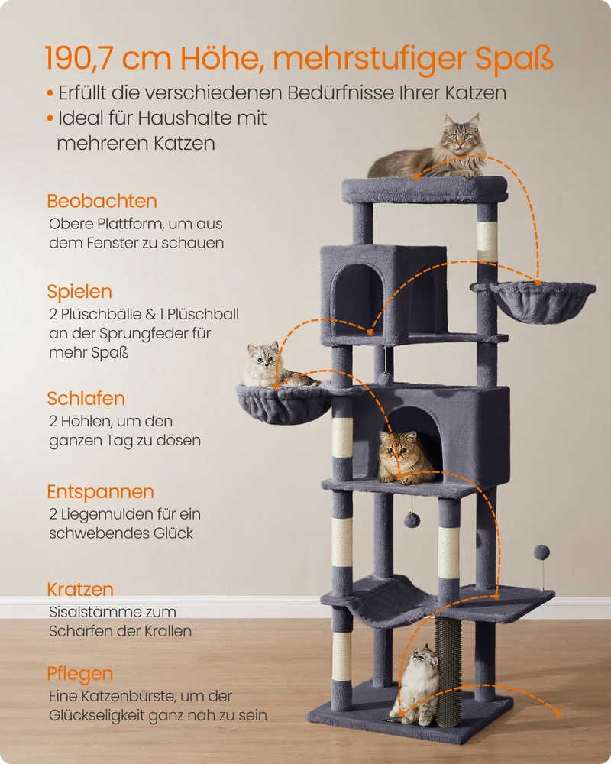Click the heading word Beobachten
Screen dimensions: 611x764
click(102, 201)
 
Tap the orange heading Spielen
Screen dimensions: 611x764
click(79, 292)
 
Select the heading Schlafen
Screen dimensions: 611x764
click(86, 398)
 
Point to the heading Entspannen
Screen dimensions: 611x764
click(100, 492)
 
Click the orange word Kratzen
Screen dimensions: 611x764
click(80, 589)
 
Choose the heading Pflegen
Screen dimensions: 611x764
click(80, 675)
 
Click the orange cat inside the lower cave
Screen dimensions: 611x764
click(405, 458)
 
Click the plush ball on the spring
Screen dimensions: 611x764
click(541, 552)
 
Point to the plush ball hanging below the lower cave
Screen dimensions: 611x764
click(412, 520)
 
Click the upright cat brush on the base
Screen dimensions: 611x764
click(449, 672)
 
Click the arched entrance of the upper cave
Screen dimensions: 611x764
click(357, 299)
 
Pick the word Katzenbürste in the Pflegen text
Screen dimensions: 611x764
click(129, 696)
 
